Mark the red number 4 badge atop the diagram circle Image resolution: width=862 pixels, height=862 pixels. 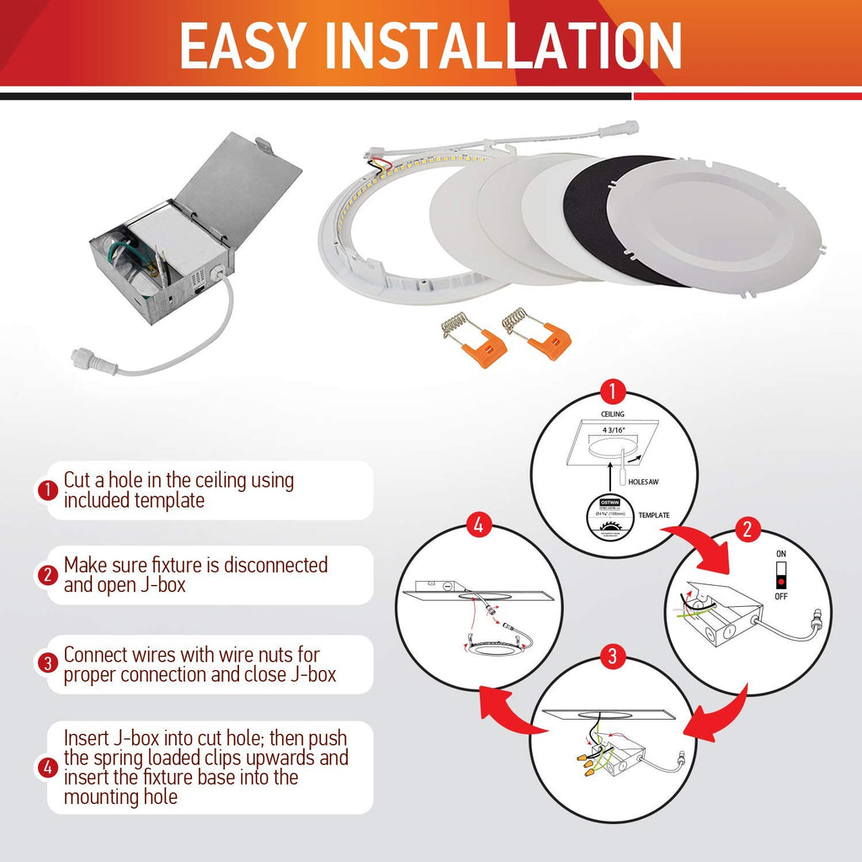(x=478, y=529)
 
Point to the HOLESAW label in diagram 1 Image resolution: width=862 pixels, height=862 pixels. (x=646, y=482)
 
